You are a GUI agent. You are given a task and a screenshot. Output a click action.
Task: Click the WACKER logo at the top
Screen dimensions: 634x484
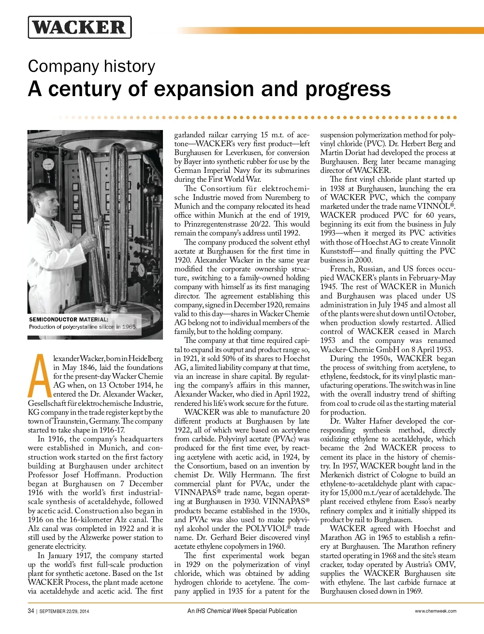[79, 27]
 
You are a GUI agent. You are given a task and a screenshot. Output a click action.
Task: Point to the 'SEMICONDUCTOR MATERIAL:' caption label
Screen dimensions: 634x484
[69, 319]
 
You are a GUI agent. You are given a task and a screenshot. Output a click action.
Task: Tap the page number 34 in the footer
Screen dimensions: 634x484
[31, 611]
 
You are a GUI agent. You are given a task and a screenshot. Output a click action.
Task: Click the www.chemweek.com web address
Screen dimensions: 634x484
[436, 611]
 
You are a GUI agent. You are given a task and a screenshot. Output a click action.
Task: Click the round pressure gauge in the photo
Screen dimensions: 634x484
[48, 164]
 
